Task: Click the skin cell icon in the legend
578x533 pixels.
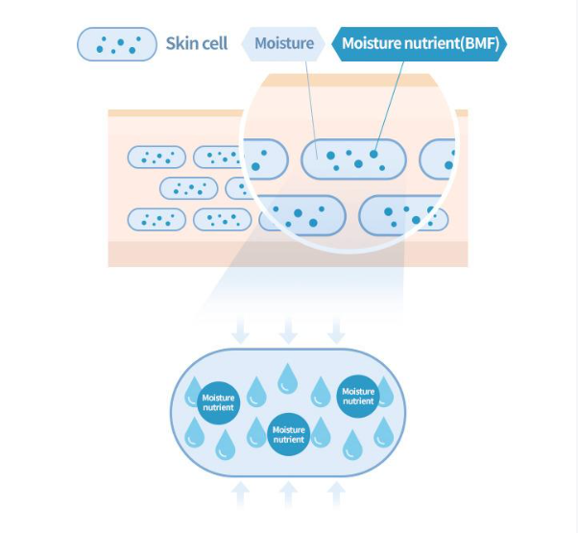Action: coord(116,44)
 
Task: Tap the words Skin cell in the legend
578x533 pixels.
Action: coord(197,44)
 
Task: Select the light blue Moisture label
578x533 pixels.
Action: coord(284,44)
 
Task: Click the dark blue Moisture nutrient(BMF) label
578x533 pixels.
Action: coord(420,44)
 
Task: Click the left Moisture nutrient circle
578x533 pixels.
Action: coord(217,401)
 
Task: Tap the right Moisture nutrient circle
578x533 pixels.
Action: coord(358,396)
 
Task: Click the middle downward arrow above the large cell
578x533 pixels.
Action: coord(288,332)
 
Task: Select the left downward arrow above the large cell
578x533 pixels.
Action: coord(241,332)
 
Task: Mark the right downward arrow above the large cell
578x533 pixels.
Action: coord(336,332)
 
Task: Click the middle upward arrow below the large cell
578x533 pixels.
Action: coord(288,494)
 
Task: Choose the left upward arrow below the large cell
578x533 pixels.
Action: coord(241,494)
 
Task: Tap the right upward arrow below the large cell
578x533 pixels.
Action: coord(336,494)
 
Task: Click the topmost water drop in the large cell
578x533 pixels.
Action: coord(287,377)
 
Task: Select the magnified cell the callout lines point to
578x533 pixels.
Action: coord(353,158)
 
